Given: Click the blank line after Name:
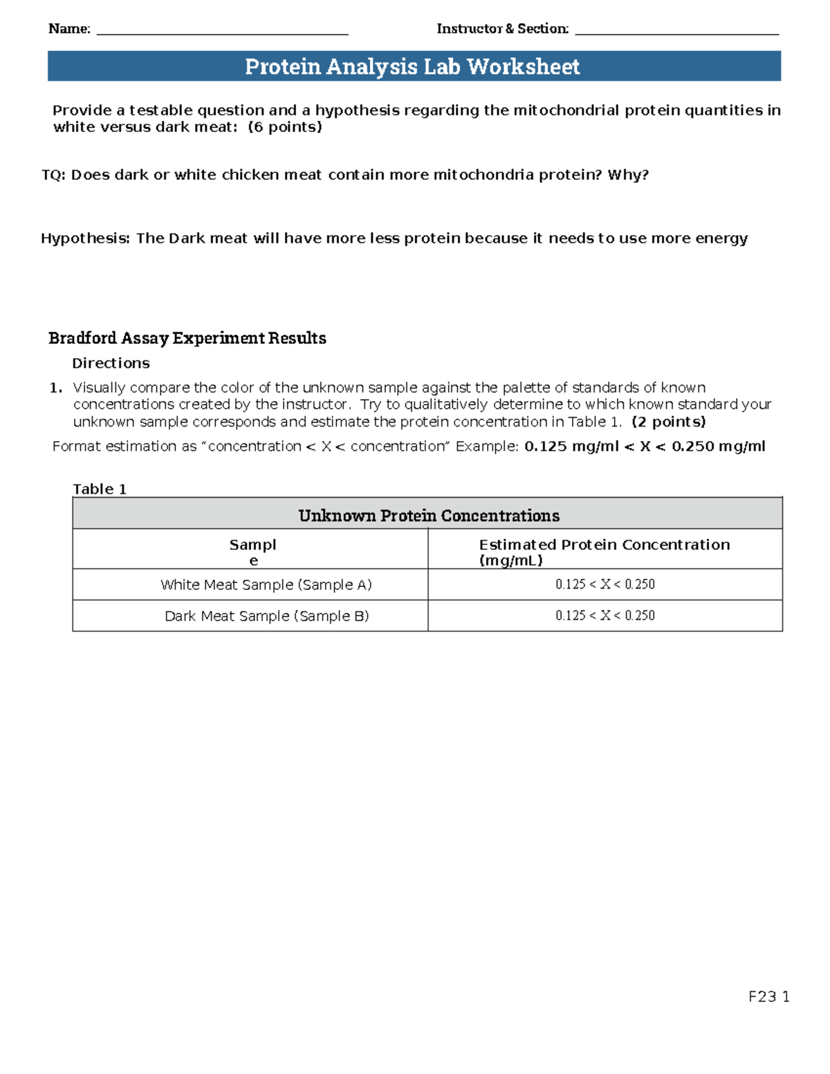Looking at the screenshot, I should click(222, 30).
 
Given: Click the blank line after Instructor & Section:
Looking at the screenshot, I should click(676, 30).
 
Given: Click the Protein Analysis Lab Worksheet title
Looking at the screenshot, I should click(413, 66).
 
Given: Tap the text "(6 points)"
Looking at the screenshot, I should click(285, 127).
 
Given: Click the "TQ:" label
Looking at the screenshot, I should click(53, 175).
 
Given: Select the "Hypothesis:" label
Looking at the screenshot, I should click(85, 239).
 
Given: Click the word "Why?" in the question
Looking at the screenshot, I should click(628, 175).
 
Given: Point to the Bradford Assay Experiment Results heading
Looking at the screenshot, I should click(187, 338).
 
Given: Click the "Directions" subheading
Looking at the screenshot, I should click(111, 363).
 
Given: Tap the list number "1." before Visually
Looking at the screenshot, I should click(56, 388).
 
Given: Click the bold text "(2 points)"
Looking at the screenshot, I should click(668, 422).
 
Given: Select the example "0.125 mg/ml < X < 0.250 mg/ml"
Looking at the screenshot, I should click(645, 447).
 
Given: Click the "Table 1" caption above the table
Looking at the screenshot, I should click(100, 489).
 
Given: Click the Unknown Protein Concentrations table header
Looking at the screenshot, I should click(428, 515).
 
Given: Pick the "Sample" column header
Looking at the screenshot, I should click(252, 551).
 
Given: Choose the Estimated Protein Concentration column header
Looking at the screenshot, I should click(604, 551).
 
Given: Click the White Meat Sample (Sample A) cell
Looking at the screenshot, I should click(266, 585).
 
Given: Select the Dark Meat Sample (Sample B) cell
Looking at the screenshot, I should click(266, 616).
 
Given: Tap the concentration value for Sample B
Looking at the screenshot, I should click(605, 615).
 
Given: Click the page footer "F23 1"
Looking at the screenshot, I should click(768, 997).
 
